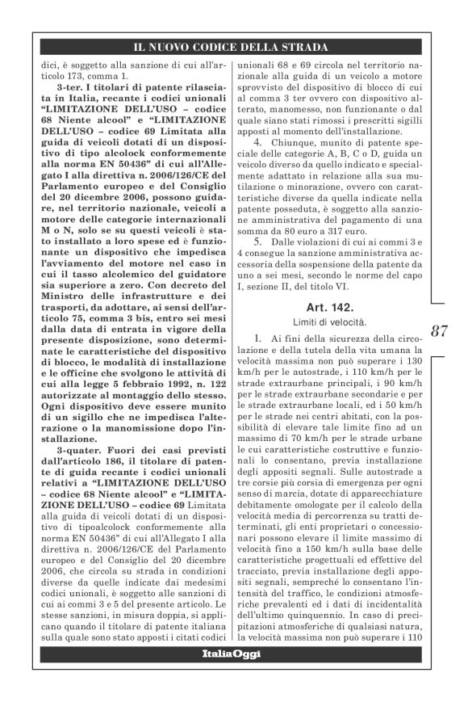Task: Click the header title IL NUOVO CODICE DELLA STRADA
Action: (233, 47)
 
